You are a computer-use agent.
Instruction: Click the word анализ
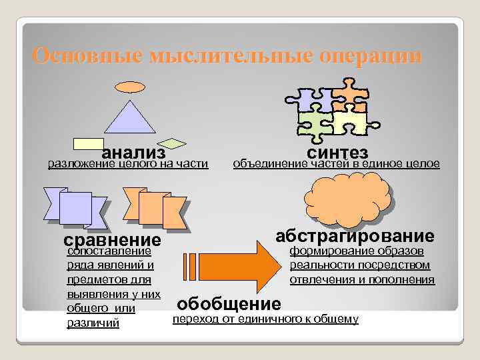(x=133, y=154)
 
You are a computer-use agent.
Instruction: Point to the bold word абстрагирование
(x=355, y=236)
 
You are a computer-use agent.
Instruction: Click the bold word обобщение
(x=229, y=304)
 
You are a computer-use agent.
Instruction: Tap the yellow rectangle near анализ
(x=88, y=143)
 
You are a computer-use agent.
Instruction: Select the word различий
(x=93, y=323)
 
